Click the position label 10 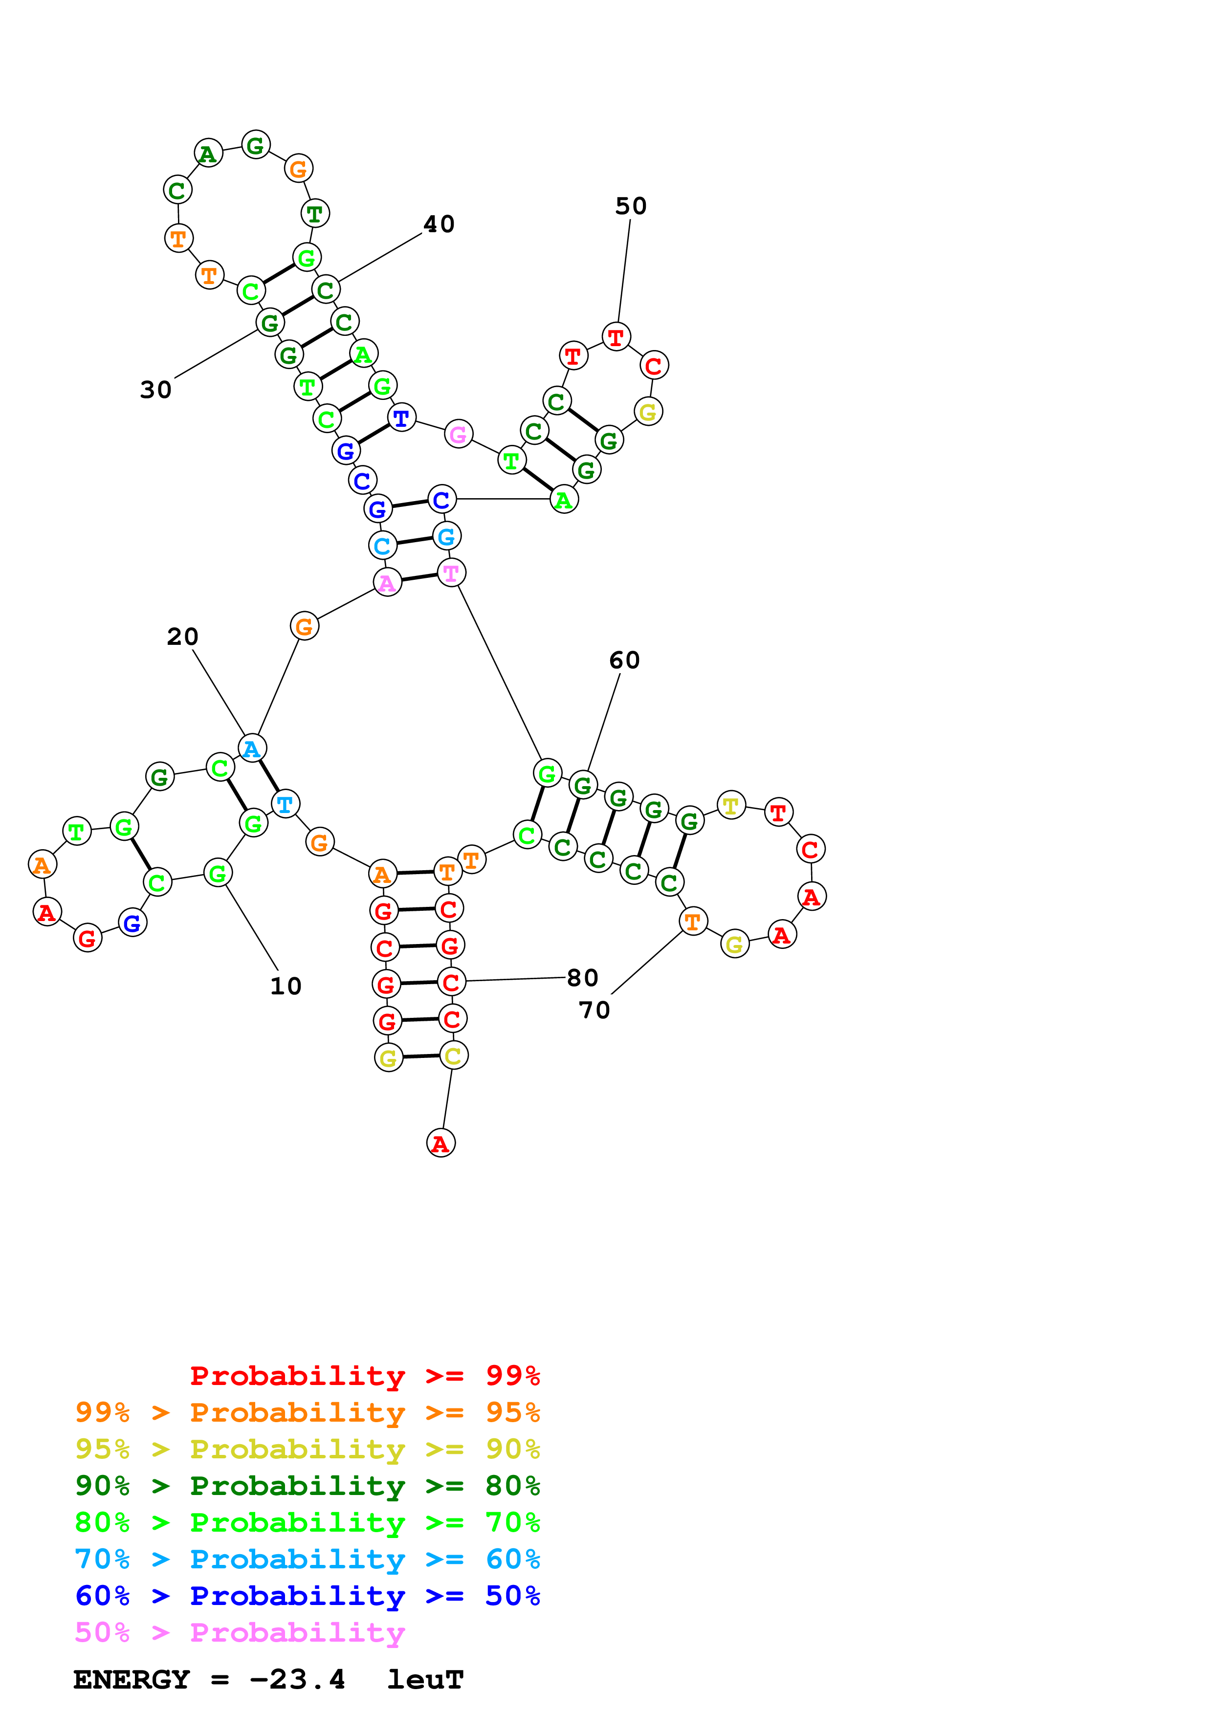285,986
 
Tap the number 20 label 182,637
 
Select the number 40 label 439,224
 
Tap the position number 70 595,1010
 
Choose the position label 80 582,978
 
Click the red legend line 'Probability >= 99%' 364,1375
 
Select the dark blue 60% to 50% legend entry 307,1596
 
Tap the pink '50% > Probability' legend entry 239,1633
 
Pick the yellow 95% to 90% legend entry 307,1449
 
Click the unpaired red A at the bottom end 441,1143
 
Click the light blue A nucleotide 252,748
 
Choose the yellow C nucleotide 453,1055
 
